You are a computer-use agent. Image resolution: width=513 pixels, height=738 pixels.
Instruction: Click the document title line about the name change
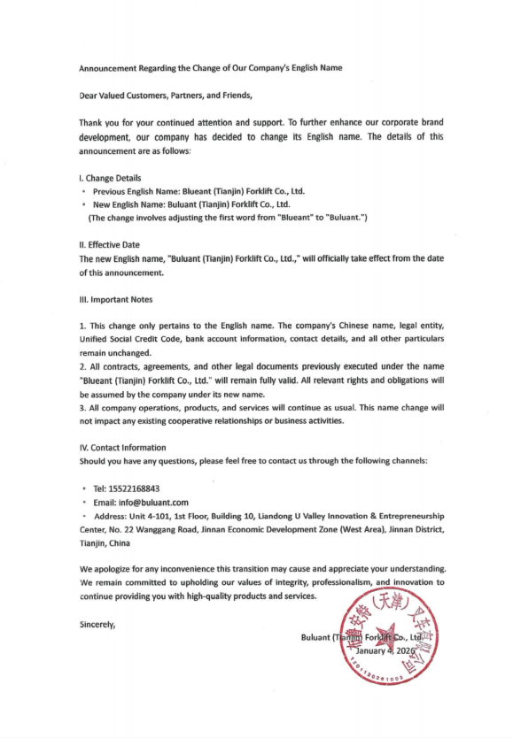point(210,68)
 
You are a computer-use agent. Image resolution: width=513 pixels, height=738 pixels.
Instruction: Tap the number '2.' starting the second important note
point(83,366)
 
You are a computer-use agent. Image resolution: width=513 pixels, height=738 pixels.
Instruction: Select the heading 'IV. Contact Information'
point(122,448)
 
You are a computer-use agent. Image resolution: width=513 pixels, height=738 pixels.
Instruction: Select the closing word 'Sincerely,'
point(97,624)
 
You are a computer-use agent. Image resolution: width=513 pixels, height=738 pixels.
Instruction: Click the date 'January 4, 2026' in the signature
point(385,650)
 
